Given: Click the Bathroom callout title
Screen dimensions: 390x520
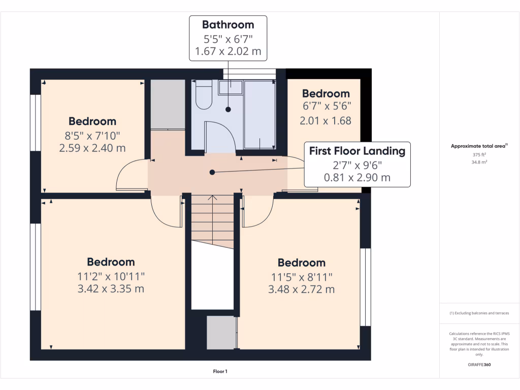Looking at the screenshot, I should coord(228,24).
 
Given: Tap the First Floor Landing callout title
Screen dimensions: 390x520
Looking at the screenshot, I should coord(357,151).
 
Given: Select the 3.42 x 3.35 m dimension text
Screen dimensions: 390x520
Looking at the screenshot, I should coord(110,289).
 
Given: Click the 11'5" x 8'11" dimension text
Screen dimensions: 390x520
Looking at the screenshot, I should coord(301,277).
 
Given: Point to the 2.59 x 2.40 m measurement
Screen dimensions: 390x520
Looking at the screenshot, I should coord(92,148).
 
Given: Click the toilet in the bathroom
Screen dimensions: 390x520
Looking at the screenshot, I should coord(203,95).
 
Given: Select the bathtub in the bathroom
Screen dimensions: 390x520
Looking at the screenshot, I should coord(260,114).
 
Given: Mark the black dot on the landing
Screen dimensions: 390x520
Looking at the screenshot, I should coord(212,173).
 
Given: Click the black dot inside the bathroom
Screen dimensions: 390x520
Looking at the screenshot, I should coord(228,109).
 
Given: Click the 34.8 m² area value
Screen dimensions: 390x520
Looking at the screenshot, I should coord(479,162).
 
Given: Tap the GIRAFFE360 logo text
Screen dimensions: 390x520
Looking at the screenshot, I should coord(479,365).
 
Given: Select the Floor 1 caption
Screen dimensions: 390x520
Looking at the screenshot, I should coord(220,372).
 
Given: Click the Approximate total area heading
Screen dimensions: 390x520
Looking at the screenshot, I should coord(479,146).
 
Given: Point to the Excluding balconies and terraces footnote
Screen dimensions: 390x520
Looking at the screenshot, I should coord(479,313).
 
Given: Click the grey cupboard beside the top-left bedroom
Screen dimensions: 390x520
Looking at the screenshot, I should coord(168,104).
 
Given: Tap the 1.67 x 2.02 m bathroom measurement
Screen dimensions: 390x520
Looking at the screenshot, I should coord(228,51).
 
